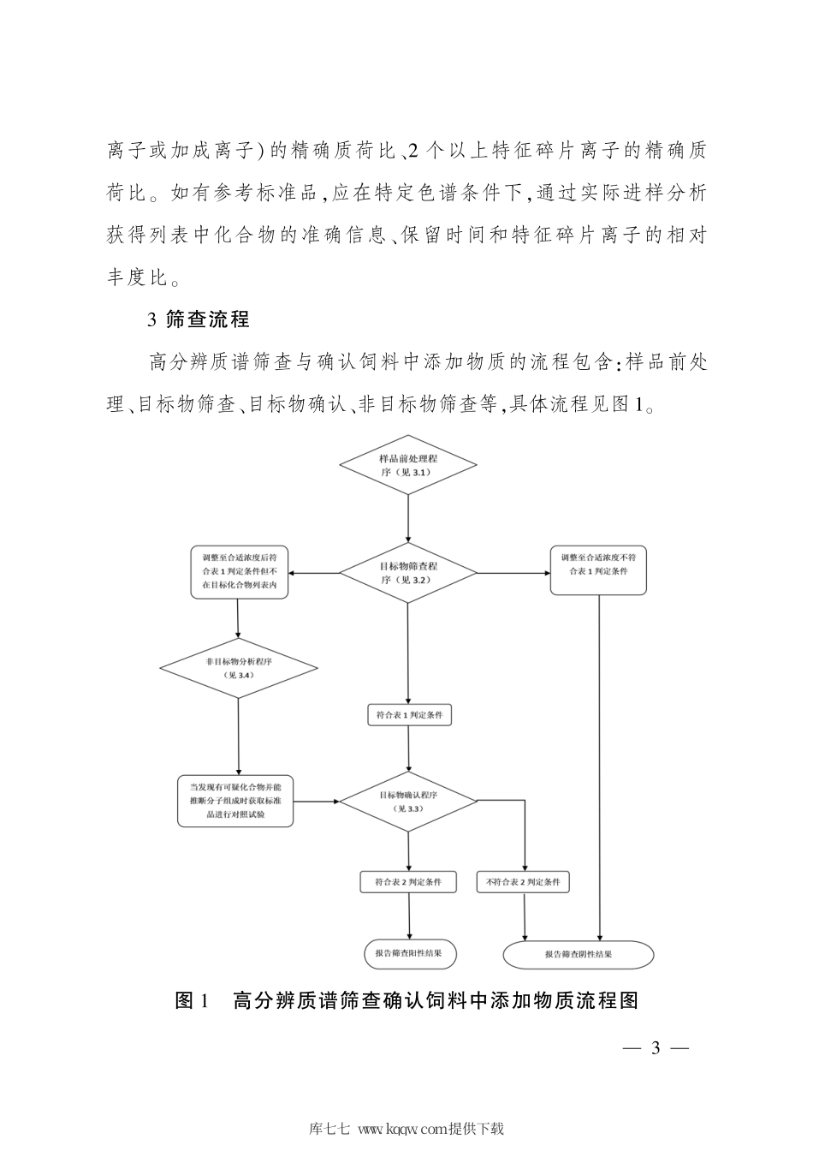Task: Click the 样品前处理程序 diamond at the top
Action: [407, 465]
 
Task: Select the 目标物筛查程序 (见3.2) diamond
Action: [407, 572]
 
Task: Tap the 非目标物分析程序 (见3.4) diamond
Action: [238, 668]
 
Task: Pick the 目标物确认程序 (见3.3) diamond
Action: [407, 801]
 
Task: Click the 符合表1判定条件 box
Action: [409, 714]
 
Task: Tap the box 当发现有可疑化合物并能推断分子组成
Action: [235, 801]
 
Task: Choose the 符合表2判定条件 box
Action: [408, 881]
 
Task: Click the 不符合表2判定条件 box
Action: [523, 881]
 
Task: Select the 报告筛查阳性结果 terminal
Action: [409, 953]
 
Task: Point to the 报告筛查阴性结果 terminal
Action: [578, 954]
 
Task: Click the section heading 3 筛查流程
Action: [198, 320]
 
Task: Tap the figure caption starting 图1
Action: [406, 1000]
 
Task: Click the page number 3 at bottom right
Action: [656, 1048]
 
